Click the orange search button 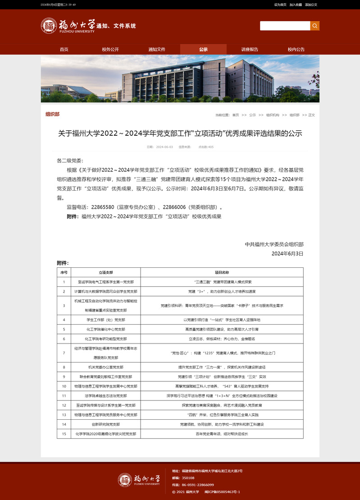tap(314, 26)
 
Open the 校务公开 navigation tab tap(110, 49)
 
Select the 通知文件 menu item tap(157, 49)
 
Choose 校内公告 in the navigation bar tap(296, 49)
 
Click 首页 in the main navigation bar tap(64, 49)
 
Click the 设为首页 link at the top tap(280, 5)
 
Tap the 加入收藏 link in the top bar tap(296, 5)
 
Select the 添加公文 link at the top tap(311, 5)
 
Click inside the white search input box tap(285, 26)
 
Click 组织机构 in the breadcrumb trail tap(273, 115)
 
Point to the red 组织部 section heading tap(52, 115)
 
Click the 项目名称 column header tap(222, 272)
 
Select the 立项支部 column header tap(106, 272)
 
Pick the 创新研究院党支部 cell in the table tap(106, 424)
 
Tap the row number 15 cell tap(64, 434)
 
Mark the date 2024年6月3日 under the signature tap(287, 253)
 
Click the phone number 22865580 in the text tap(103, 207)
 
